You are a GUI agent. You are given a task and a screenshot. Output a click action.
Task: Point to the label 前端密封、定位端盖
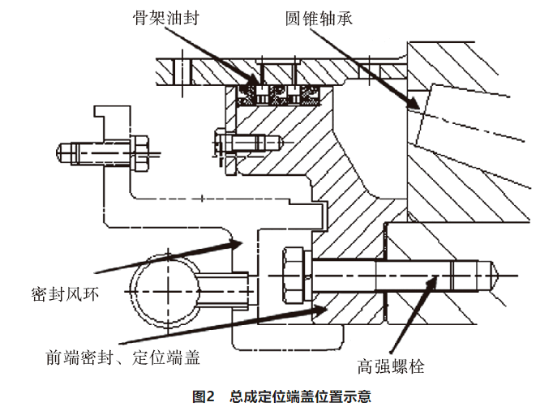click(x=122, y=357)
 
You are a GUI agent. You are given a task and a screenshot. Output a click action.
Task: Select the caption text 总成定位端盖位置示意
click(x=300, y=397)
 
